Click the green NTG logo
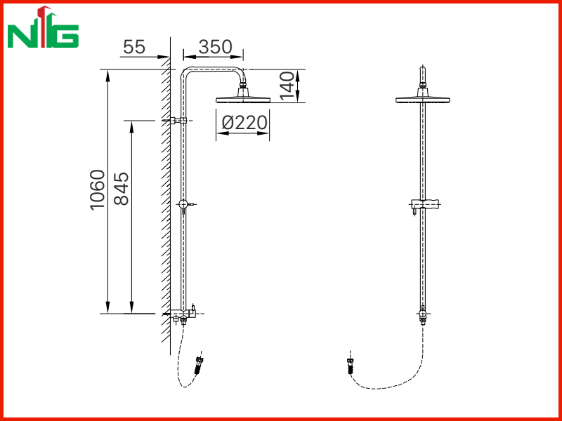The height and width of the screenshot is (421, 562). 43,27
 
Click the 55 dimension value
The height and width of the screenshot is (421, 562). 134,47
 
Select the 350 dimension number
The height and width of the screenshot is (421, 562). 216,47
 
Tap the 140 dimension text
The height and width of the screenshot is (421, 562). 287,86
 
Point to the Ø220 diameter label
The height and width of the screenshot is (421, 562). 244,123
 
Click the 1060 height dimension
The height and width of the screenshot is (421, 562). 98,189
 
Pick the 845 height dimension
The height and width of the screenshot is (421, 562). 121,189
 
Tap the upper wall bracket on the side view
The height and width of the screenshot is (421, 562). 178,121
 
